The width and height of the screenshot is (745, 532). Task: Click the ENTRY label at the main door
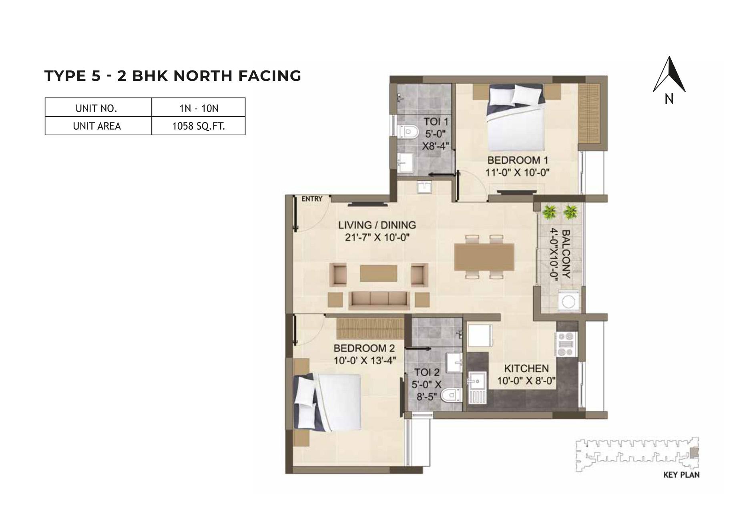coord(312,199)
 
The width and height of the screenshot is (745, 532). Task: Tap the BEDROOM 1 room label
coord(517,161)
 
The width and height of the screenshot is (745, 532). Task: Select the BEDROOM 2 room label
coord(364,347)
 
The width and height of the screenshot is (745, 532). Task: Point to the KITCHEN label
coord(526,368)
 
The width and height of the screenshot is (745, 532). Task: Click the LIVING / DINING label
coord(377,225)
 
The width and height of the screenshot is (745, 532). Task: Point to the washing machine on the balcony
coord(568,301)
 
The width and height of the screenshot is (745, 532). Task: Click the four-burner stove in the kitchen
coord(565,344)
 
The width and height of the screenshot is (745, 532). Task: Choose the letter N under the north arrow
coord(669,99)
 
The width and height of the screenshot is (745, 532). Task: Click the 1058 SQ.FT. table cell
coord(198,126)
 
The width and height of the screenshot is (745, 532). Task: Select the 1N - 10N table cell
coord(198,108)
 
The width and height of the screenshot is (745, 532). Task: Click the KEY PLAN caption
coord(681,475)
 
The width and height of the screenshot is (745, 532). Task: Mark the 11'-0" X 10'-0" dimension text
coord(517,173)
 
